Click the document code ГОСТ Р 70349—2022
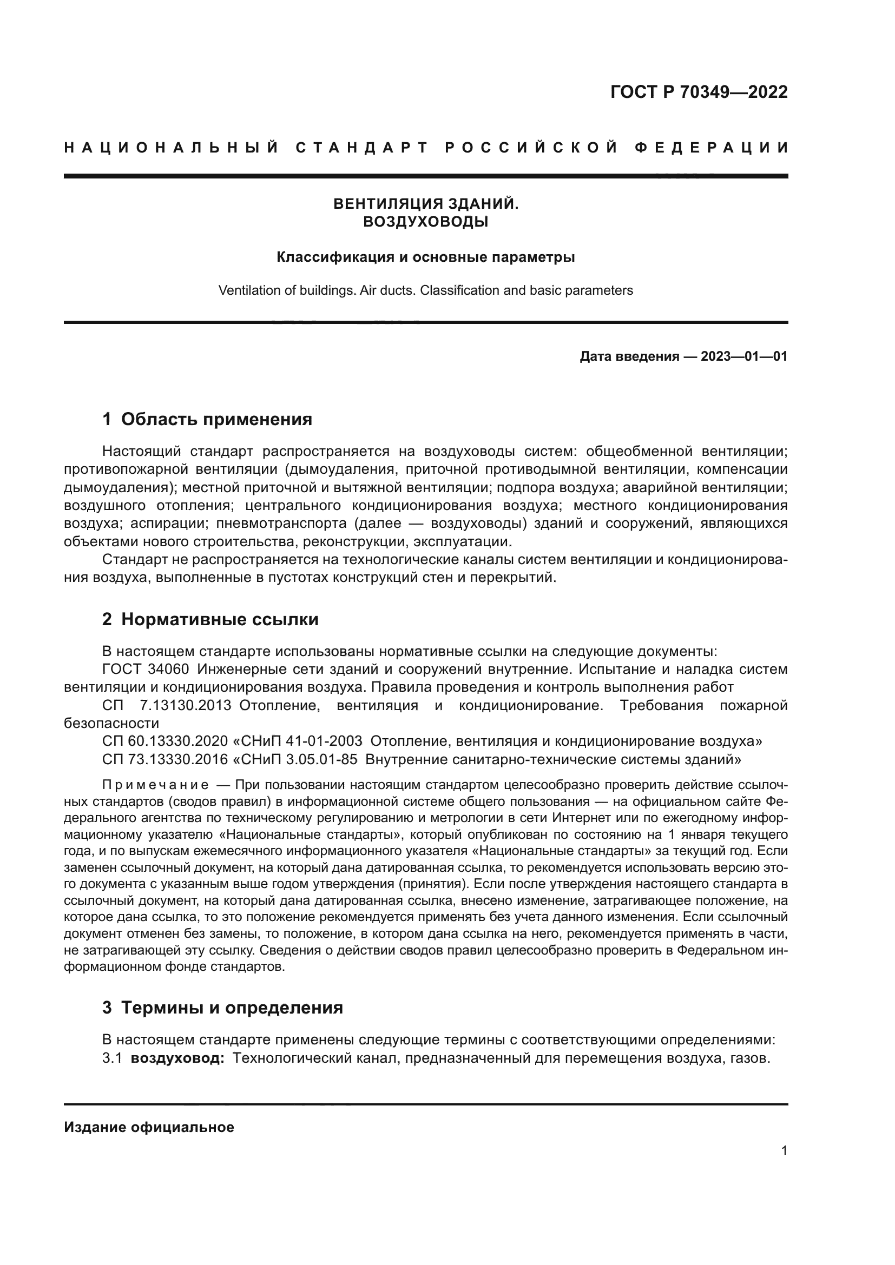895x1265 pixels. click(x=698, y=92)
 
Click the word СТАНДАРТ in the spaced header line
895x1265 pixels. click(x=362, y=148)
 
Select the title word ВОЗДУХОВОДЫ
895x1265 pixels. click(x=425, y=222)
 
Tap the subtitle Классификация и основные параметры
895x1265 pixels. click(x=425, y=257)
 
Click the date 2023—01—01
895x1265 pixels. click(x=743, y=356)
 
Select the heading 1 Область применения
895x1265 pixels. click(x=207, y=419)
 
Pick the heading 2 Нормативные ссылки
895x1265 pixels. click(x=210, y=619)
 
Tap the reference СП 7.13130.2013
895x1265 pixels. click(x=167, y=706)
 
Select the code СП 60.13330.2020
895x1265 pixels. click(x=165, y=741)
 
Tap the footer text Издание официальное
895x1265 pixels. click(x=149, y=1127)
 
